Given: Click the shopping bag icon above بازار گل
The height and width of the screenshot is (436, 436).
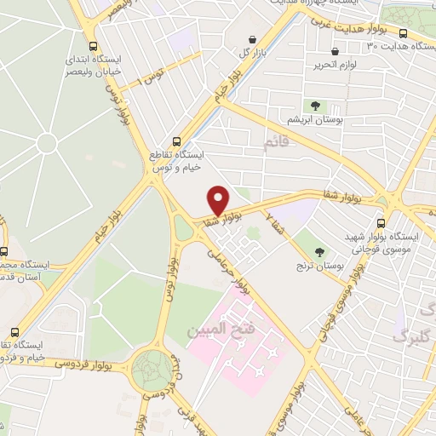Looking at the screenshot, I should (x=253, y=39).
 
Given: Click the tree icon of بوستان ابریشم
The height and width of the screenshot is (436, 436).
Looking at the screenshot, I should (x=316, y=106).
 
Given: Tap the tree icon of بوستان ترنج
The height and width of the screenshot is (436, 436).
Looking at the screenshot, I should (x=320, y=251).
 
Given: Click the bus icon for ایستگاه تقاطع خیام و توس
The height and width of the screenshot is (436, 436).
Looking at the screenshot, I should (x=176, y=141).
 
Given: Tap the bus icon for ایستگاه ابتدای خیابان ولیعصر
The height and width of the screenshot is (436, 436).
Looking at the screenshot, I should (x=93, y=47).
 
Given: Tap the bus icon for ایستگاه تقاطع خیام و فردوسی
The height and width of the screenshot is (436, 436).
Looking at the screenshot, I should (x=13, y=331).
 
